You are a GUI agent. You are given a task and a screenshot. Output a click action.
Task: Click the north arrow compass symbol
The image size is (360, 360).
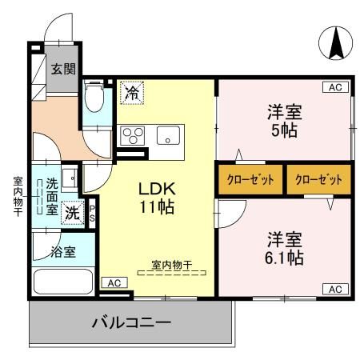click(334, 42)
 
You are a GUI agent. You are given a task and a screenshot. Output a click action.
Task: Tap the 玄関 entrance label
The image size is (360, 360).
click(64, 69)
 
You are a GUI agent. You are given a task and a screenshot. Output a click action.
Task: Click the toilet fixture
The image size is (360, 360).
click(94, 99)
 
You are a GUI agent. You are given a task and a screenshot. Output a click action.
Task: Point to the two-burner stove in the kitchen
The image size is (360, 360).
click(132, 134)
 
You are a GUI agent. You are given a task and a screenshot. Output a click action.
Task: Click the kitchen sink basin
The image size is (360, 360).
click(169, 134)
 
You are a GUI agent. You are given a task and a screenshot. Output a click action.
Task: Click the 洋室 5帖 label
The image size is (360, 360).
click(283, 121)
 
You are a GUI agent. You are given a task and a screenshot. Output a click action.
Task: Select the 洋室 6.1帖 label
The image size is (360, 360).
click(284, 249)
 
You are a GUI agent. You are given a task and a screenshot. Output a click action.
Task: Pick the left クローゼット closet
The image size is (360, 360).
click(249, 179)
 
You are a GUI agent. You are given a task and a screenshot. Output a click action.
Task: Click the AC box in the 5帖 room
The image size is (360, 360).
click(334, 86)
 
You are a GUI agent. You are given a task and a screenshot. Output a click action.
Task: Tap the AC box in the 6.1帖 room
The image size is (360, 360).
click(334, 289)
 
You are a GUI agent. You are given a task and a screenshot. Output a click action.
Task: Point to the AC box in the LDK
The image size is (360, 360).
click(114, 282)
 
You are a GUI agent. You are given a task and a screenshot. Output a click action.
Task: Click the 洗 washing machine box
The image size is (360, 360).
click(73, 213)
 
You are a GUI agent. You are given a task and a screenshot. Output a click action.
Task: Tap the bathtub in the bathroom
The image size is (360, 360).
click(65, 283)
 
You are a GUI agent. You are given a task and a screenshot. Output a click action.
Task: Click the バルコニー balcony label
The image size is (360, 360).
click(132, 323)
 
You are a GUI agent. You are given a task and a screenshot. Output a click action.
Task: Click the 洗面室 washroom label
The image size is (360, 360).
click(52, 195)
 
